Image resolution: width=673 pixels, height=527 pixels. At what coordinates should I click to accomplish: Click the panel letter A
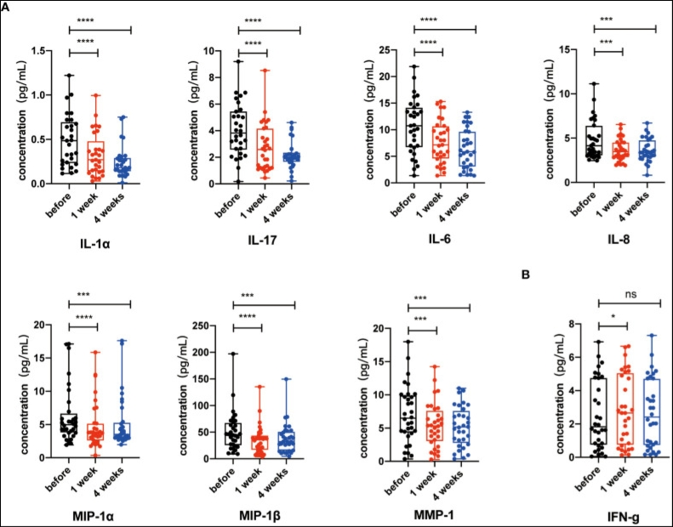pos(7,6)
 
